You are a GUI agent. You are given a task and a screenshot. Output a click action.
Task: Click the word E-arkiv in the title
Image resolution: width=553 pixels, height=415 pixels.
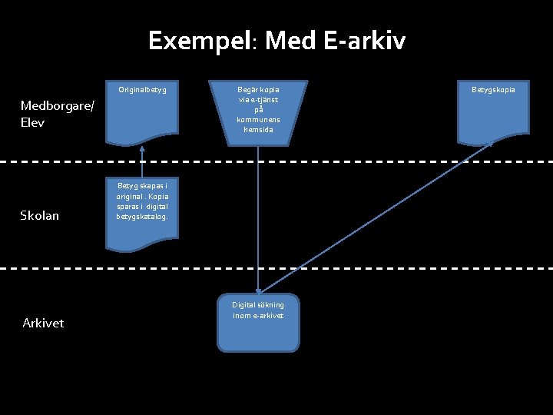[x=365, y=40]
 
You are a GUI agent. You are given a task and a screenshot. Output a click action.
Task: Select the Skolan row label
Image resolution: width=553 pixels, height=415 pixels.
[x=39, y=215]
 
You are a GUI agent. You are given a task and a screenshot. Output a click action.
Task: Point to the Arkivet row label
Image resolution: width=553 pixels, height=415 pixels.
[x=43, y=323]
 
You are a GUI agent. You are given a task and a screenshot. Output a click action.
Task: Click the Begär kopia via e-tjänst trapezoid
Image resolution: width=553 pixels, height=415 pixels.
[x=258, y=112]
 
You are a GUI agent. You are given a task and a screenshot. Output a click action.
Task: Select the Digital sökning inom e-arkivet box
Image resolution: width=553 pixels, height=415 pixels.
[x=258, y=324]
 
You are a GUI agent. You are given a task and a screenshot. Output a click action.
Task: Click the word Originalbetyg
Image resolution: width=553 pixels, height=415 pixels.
[x=143, y=90]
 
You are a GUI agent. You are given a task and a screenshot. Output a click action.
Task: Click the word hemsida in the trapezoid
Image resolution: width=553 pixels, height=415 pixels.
[x=258, y=130]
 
